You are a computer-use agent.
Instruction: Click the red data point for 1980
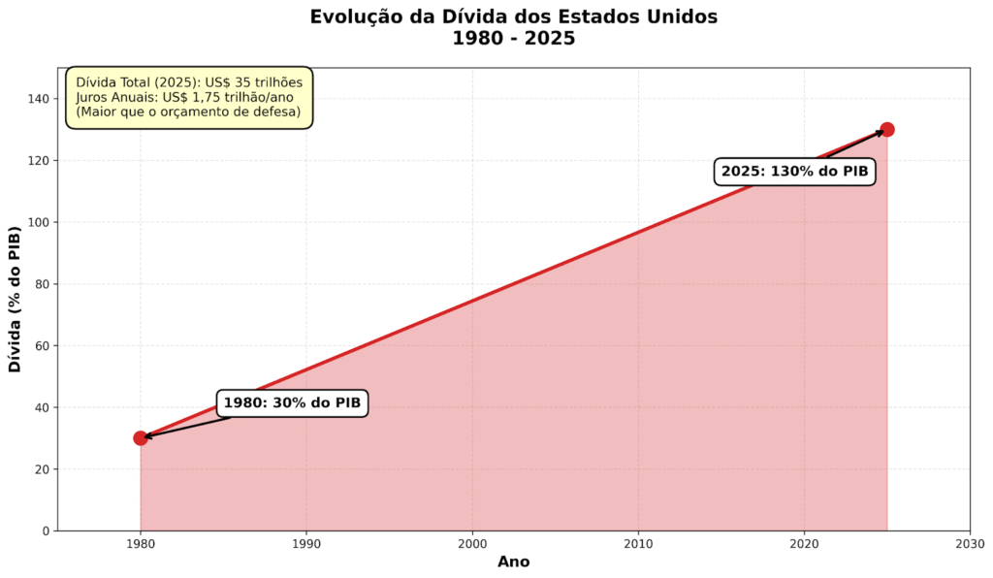tap(141, 438)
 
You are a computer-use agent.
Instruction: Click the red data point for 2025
tap(886, 130)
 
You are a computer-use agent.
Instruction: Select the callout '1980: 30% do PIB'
tap(292, 403)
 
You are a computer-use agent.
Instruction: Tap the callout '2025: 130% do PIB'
tap(794, 172)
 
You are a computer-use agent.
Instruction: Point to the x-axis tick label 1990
tap(306, 545)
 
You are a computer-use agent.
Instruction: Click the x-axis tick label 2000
tap(472, 545)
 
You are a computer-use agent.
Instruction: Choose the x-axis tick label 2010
tap(638, 545)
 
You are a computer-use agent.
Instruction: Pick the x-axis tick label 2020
tap(804, 545)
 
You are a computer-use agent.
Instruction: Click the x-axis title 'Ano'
tap(513, 562)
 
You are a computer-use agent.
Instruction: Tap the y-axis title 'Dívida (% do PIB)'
tap(16, 299)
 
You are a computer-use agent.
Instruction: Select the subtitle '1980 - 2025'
tap(513, 39)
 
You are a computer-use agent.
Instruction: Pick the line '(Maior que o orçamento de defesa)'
tap(188, 112)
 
